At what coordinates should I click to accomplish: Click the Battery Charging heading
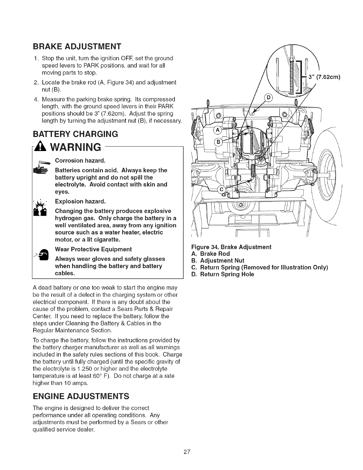point(76,134)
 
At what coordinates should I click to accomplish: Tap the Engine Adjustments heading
point(81,396)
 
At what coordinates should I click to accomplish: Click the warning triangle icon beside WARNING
point(43,147)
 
